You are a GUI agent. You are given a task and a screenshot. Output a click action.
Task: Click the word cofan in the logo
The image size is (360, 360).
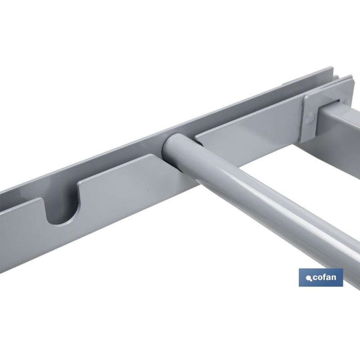324,277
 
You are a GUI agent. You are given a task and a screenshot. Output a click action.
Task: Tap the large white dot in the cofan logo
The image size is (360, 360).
308,278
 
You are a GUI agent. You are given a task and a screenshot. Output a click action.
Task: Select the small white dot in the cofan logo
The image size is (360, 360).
311,280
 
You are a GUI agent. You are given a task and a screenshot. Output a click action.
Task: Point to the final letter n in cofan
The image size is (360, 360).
333,278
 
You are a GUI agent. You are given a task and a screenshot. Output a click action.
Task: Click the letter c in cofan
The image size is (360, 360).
315,278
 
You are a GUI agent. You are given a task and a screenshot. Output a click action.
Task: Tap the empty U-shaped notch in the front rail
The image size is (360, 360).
62,207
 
